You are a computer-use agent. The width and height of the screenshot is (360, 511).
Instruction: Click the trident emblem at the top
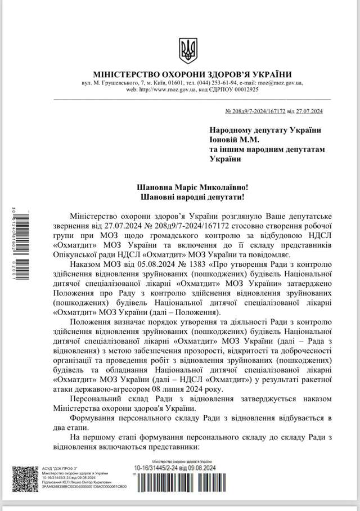coord(188,50)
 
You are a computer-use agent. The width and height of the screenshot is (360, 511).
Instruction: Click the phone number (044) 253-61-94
coord(218,83)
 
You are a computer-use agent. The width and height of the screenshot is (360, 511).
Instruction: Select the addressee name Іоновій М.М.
coord(236,140)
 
